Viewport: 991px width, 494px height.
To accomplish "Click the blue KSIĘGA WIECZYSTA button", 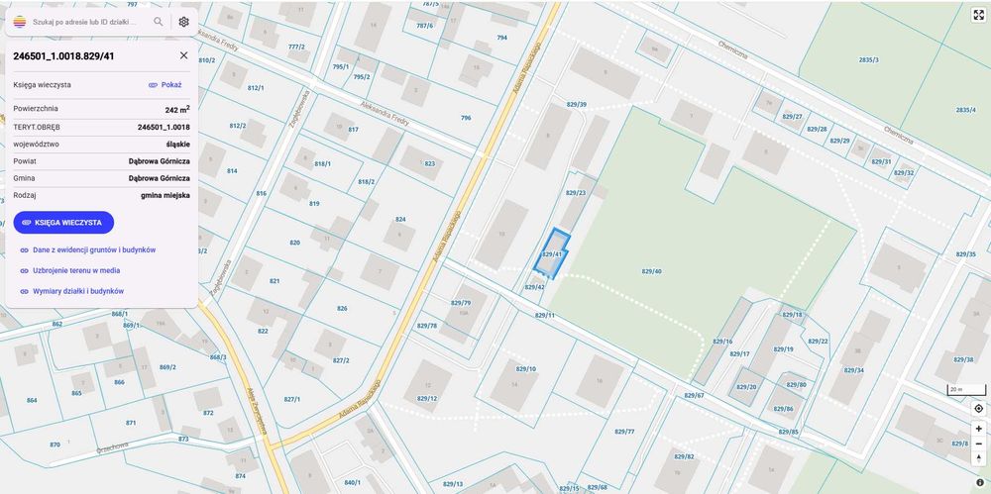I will pyautogui.click(x=63, y=223).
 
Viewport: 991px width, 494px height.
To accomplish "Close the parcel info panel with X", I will pyautogui.click(x=183, y=55).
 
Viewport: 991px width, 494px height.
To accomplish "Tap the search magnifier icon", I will pyautogui.click(x=159, y=21).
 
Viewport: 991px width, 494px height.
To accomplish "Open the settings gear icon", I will pyautogui.click(x=183, y=21).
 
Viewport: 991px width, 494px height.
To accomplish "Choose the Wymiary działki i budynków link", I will pyautogui.click(x=77, y=291).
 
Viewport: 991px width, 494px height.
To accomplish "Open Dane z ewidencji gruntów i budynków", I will pyautogui.click(x=93, y=249).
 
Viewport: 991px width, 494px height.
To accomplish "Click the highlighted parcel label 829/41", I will pyautogui.click(x=552, y=254).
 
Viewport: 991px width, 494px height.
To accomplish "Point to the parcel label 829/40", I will pyautogui.click(x=651, y=271).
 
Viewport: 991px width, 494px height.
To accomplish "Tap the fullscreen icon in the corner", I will pyautogui.click(x=978, y=14).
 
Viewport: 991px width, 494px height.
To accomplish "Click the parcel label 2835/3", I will pyautogui.click(x=869, y=60).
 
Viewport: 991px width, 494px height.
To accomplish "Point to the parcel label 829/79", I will pyautogui.click(x=461, y=302).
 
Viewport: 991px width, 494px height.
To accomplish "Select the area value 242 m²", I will pyautogui.click(x=177, y=110).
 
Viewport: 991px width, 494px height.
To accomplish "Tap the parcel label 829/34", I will pyautogui.click(x=853, y=370).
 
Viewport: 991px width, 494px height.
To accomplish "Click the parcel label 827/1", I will pyautogui.click(x=291, y=399).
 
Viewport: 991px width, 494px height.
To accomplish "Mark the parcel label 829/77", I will pyautogui.click(x=624, y=432).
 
